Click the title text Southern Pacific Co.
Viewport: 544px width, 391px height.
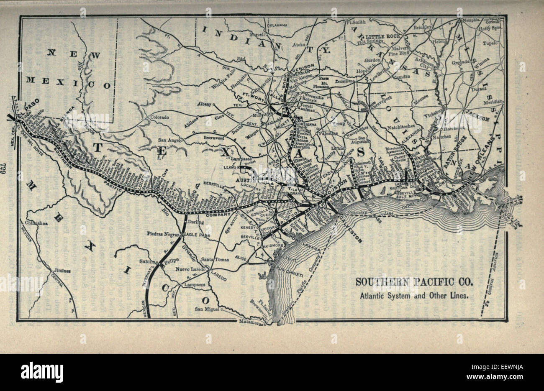pos(414,281)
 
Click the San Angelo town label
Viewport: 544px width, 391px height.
pos(169,141)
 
